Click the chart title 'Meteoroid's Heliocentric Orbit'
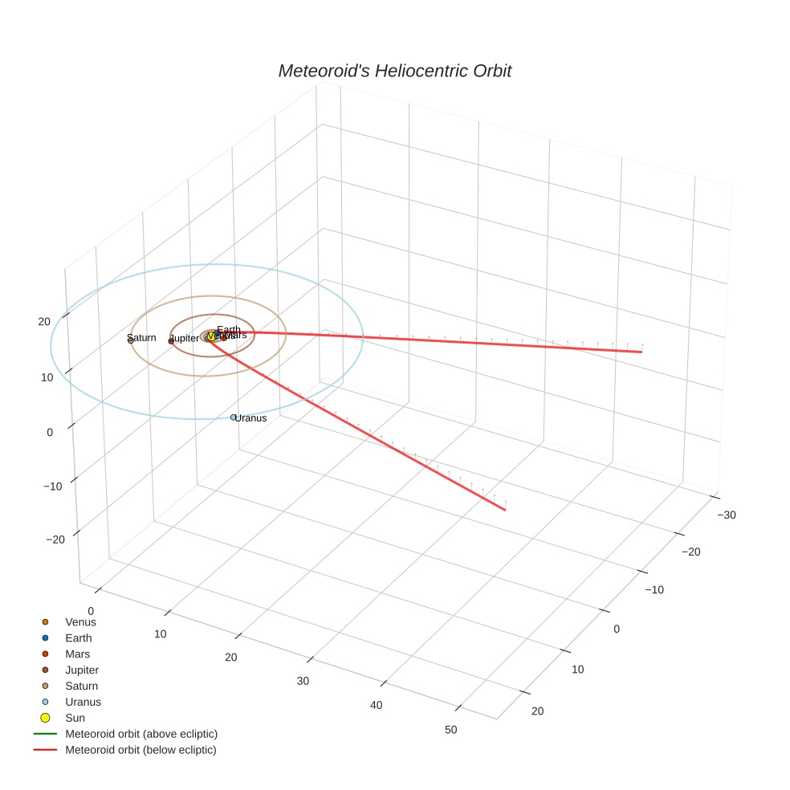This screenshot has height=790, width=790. [394, 71]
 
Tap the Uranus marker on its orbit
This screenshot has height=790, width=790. [234, 417]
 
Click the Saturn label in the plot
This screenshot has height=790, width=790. [142, 337]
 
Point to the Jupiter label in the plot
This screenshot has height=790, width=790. [185, 339]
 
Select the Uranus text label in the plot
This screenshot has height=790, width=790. [251, 418]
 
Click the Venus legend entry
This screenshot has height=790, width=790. [80, 621]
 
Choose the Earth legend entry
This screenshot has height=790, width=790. [79, 638]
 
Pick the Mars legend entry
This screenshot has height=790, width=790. [78, 654]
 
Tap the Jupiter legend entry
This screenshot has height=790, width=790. [82, 670]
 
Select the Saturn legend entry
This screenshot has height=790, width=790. [81, 686]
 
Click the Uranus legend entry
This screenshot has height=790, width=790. [83, 702]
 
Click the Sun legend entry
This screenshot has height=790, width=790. [75, 718]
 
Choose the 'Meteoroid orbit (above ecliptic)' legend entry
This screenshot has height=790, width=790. [141, 734]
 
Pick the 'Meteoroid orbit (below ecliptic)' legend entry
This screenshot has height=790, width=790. [140, 750]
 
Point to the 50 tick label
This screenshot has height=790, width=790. [450, 730]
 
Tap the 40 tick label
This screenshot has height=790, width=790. [376, 706]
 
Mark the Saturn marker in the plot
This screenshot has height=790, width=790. [130, 340]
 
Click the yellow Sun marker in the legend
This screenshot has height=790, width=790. [46, 718]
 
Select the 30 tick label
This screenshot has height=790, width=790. [303, 682]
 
